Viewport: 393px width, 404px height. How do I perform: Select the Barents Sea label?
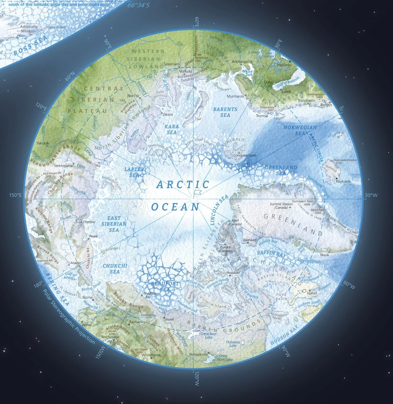coord(225,112)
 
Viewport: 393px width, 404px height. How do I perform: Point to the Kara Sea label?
coord(172,129)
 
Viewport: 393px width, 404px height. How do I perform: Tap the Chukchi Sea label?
coord(115,269)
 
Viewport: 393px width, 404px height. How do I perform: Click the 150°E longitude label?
coord(15,195)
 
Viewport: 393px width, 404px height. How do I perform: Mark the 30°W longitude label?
coord(371,195)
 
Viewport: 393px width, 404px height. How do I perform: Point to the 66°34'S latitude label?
coord(138,5)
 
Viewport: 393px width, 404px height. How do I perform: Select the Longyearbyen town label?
coord(245,155)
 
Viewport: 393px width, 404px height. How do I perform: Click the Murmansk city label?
coord(235,96)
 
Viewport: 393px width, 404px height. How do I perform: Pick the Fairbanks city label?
coord(137,322)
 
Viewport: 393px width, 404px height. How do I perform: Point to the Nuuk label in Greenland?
coord(325,255)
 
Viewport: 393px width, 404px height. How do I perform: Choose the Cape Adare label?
coord(56,27)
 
